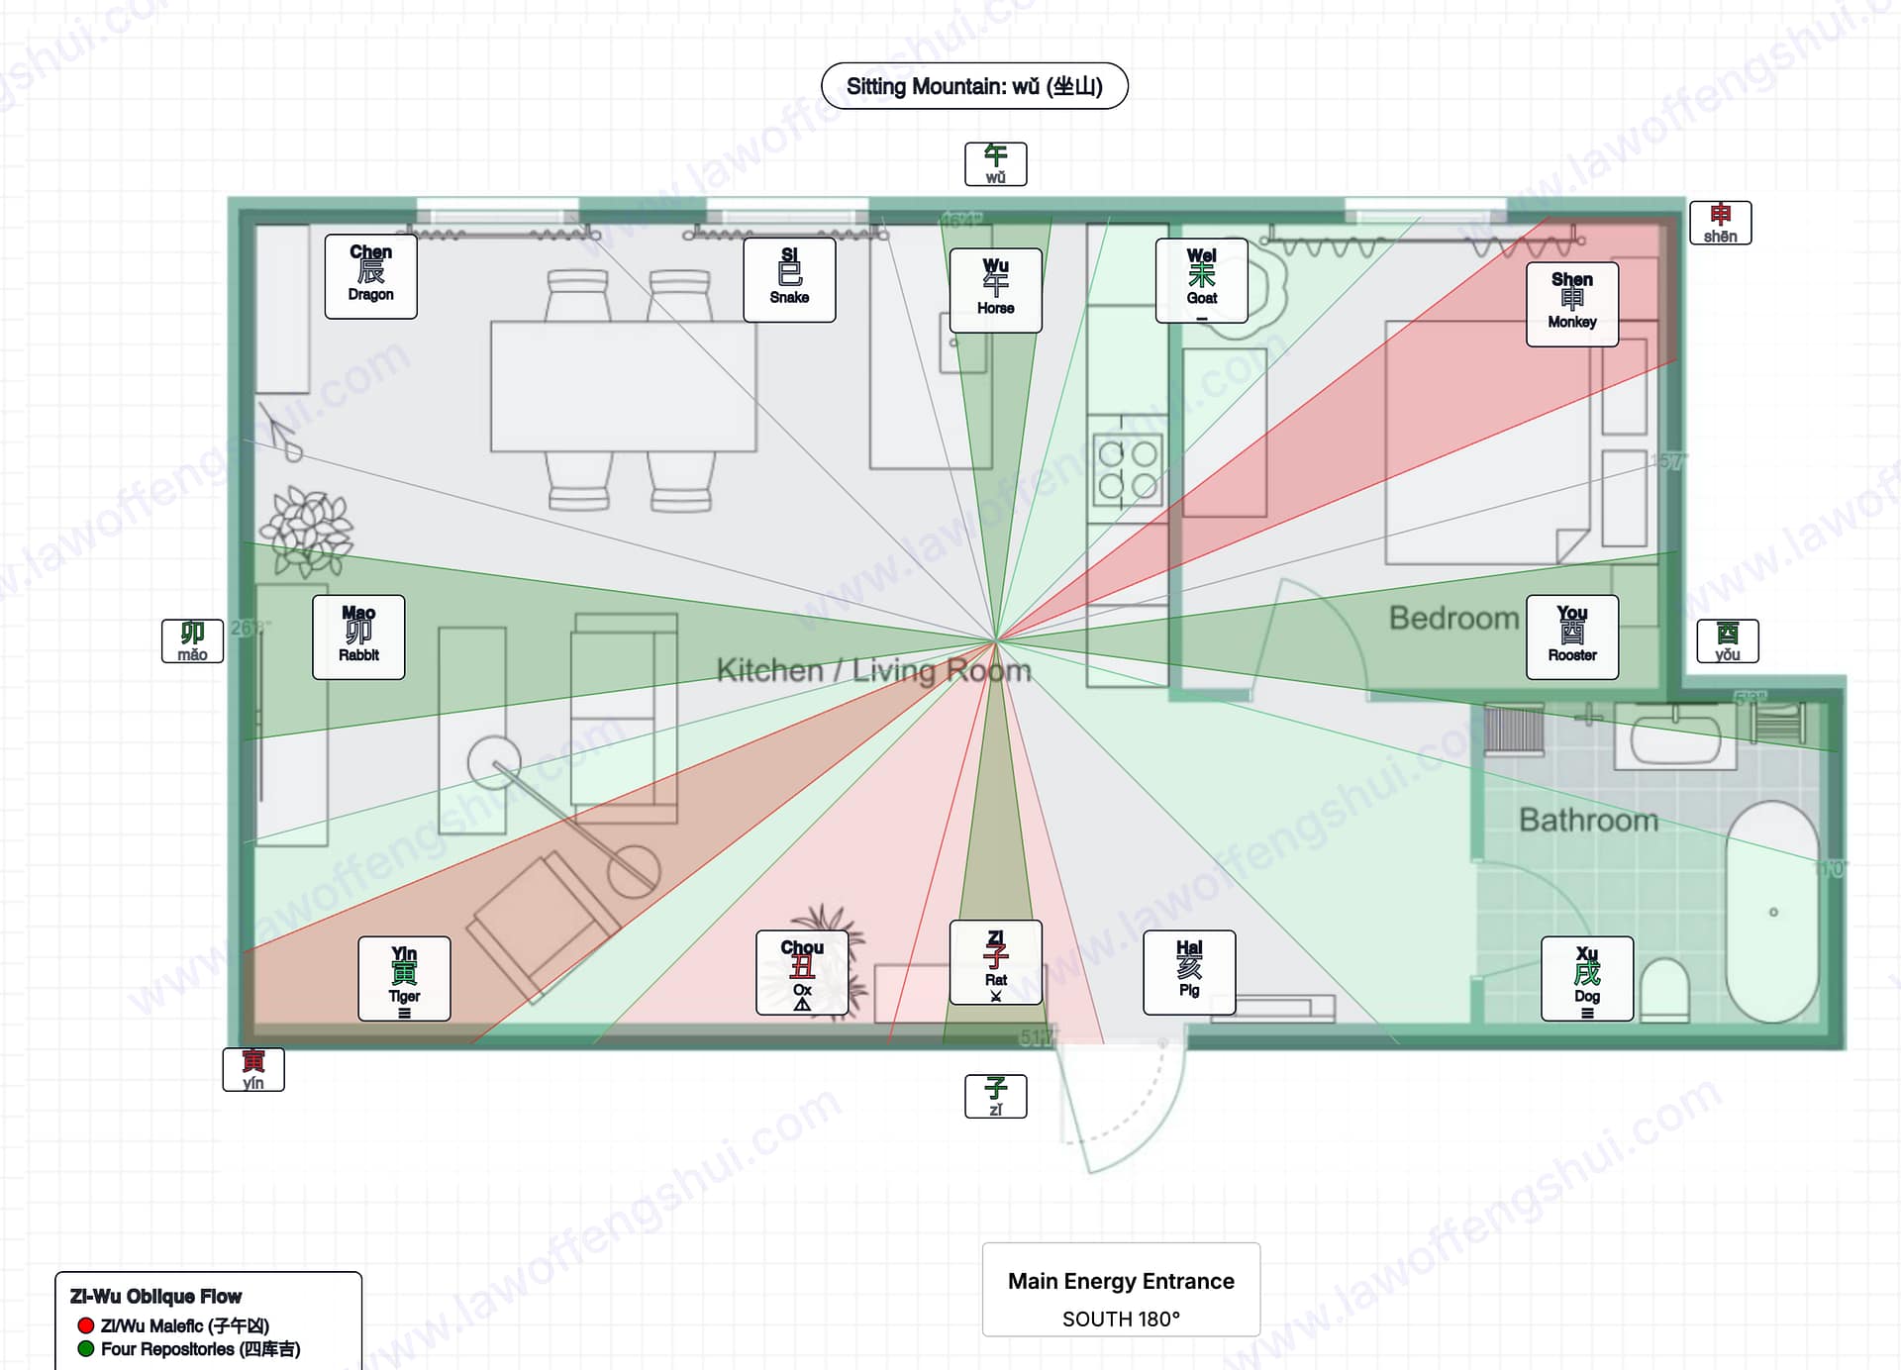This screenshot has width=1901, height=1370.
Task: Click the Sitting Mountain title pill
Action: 974,86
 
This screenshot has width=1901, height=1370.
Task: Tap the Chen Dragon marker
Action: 370,276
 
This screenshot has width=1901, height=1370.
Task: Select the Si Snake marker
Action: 789,279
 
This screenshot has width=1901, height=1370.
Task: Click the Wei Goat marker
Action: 1201,280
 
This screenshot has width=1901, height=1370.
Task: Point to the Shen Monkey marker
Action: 1571,304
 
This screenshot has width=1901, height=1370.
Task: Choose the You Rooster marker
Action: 1571,636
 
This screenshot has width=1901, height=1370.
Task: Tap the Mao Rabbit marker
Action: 358,636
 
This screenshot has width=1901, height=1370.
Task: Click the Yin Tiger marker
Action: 404,978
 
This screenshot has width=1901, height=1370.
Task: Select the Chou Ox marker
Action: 802,972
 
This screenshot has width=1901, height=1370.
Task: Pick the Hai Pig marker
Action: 1189,972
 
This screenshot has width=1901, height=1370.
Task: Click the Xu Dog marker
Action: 1586,978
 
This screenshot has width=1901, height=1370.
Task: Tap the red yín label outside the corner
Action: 253,1069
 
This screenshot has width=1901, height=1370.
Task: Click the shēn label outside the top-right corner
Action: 1720,223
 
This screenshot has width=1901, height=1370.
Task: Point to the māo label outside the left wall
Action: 192,640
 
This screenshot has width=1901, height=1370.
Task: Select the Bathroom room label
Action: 1588,820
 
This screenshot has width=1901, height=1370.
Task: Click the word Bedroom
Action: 1453,618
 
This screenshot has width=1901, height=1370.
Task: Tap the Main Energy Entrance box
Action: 1121,1289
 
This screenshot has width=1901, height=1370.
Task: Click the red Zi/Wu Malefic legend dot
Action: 86,1325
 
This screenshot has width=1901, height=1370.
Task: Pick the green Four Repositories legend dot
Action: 86,1348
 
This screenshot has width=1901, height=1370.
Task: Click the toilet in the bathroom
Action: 1664,990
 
